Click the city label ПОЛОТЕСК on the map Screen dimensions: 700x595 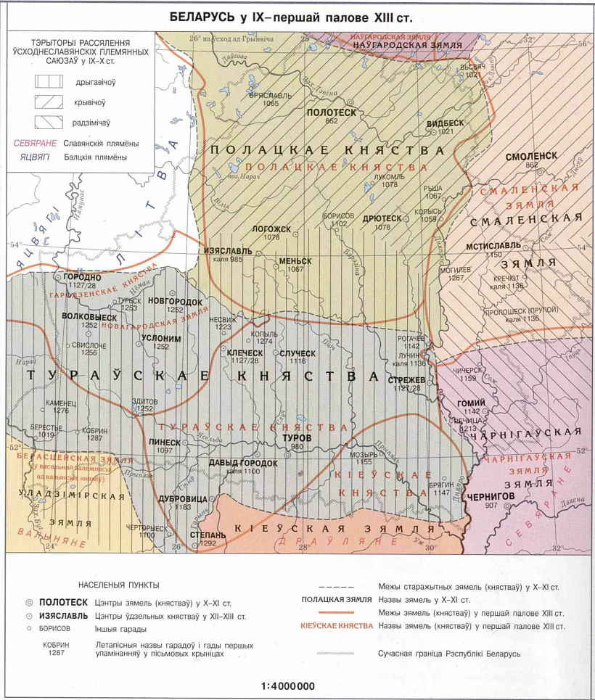(332, 113)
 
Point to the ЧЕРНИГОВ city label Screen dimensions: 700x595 (495, 496)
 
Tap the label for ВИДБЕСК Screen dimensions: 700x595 (445, 123)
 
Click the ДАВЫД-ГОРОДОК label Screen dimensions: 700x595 (243, 463)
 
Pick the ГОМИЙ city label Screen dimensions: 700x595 (470, 403)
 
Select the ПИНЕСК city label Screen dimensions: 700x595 (164, 442)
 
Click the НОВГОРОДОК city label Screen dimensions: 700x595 (174, 301)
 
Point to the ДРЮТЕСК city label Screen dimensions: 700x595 (382, 218)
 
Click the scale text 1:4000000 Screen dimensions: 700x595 (288, 686)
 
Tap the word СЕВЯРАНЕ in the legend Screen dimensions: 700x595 (34, 144)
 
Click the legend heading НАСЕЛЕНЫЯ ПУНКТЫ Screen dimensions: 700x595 (118, 585)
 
